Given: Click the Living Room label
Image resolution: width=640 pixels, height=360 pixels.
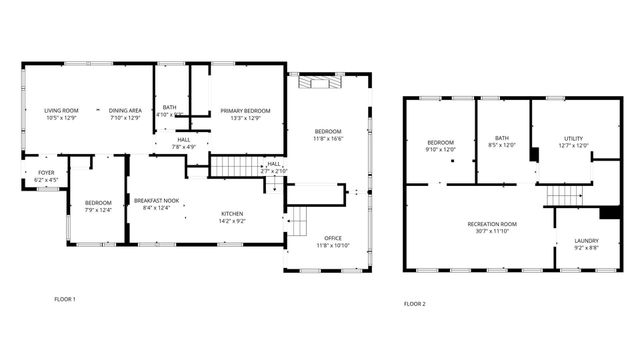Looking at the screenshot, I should click(60, 110).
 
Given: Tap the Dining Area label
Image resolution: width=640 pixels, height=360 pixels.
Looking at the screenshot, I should click(124, 110).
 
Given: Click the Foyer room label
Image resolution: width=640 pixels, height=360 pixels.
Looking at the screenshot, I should click(47, 172).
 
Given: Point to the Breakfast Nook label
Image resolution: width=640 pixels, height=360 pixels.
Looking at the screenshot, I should click(157, 201).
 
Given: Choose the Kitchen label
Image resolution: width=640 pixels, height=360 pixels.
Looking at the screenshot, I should click(232, 213).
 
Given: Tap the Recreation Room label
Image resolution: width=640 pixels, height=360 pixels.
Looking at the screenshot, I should click(492, 223).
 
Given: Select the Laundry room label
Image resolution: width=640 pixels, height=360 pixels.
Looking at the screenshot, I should click(585, 240).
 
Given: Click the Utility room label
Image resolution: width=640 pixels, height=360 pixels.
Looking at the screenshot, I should click(572, 139).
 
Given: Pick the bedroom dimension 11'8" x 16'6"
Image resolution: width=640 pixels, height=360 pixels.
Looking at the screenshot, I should click(328, 139).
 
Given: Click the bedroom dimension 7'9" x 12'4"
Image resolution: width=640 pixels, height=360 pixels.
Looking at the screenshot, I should click(98, 209).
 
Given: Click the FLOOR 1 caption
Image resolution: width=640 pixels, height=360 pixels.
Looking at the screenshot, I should click(64, 298).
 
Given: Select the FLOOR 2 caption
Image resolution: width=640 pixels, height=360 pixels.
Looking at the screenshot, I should click(414, 303).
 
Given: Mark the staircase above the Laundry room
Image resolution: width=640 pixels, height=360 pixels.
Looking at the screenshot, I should click(562, 195).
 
